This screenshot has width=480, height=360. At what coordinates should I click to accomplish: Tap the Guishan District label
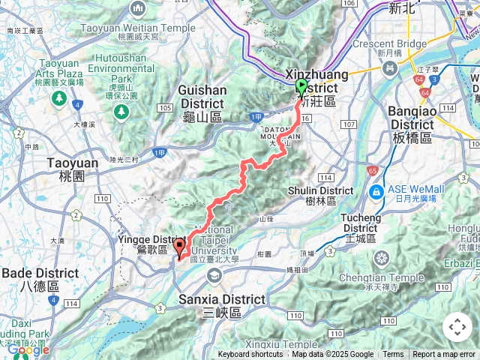click(202, 102)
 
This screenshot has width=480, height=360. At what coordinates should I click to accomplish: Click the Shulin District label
click(321, 196)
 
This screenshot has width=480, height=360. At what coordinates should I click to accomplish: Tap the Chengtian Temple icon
click(381, 259)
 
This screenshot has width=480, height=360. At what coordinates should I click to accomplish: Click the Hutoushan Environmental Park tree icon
click(120, 111)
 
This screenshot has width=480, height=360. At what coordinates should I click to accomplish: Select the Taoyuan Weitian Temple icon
click(137, 9)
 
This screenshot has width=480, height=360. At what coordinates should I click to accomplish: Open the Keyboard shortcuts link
click(250, 355)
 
